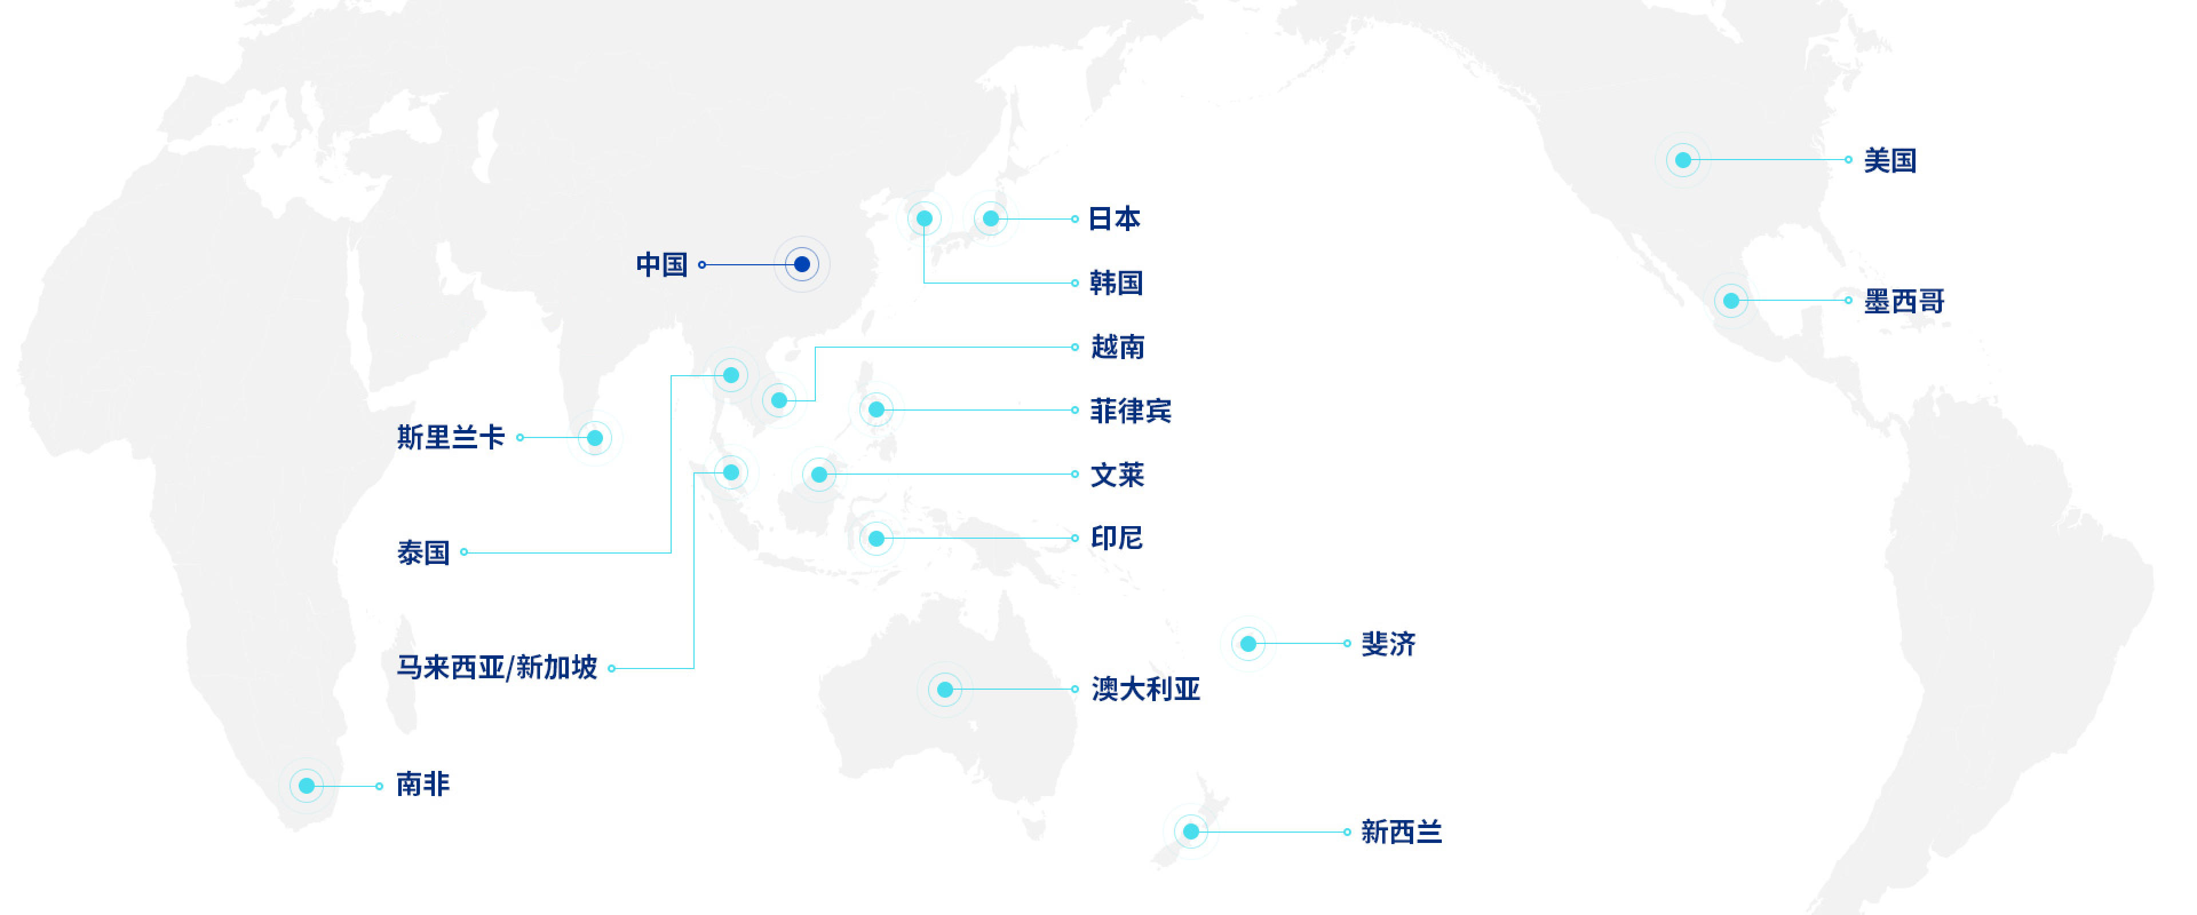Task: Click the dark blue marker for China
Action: click(x=802, y=264)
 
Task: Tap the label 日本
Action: click(x=1114, y=219)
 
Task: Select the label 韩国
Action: click(x=1116, y=283)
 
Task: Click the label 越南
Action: click(x=1117, y=347)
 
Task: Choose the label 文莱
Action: click(x=1117, y=475)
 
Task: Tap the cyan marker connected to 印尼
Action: click(x=876, y=538)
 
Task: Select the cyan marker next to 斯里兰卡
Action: click(x=594, y=438)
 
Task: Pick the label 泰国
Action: click(x=423, y=552)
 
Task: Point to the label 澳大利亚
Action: click(x=1145, y=689)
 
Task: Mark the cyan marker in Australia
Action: click(x=945, y=689)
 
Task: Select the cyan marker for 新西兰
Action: click(x=1191, y=832)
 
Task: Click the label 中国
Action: click(x=662, y=264)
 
